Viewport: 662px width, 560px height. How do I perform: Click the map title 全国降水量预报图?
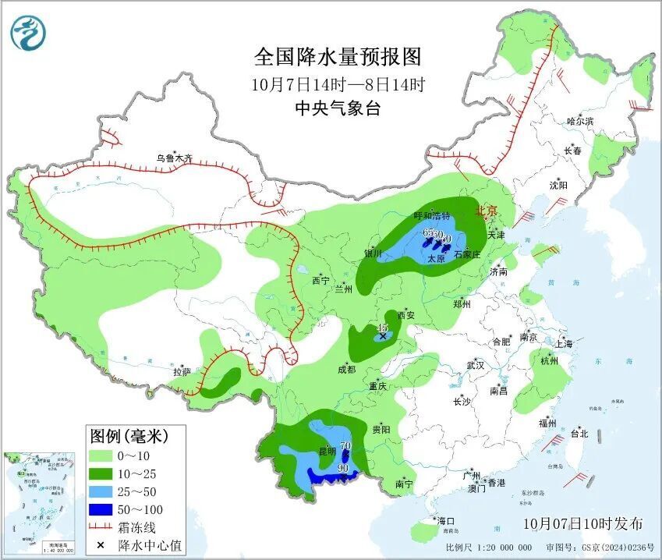[338, 57]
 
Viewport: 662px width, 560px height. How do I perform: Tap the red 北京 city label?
[486, 210]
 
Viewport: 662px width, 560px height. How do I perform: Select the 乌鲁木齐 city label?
[173, 158]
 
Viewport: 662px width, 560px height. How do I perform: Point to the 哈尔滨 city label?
[580, 121]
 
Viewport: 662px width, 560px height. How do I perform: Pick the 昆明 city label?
[327, 452]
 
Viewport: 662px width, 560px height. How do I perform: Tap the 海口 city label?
[445, 521]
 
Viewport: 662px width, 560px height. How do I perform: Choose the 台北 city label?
[579, 434]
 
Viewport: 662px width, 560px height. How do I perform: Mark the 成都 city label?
[347, 370]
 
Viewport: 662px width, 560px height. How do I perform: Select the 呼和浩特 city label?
[433, 215]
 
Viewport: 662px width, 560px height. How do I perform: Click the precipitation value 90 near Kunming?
[342, 468]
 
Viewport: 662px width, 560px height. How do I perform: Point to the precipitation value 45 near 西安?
[383, 328]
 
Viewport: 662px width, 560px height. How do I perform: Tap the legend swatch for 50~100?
[101, 509]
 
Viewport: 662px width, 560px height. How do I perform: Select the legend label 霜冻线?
[137, 527]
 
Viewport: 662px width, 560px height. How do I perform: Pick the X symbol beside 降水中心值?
[101, 544]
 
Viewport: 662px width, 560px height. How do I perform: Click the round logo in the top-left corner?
[28, 33]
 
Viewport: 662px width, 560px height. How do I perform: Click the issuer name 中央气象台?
[338, 109]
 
